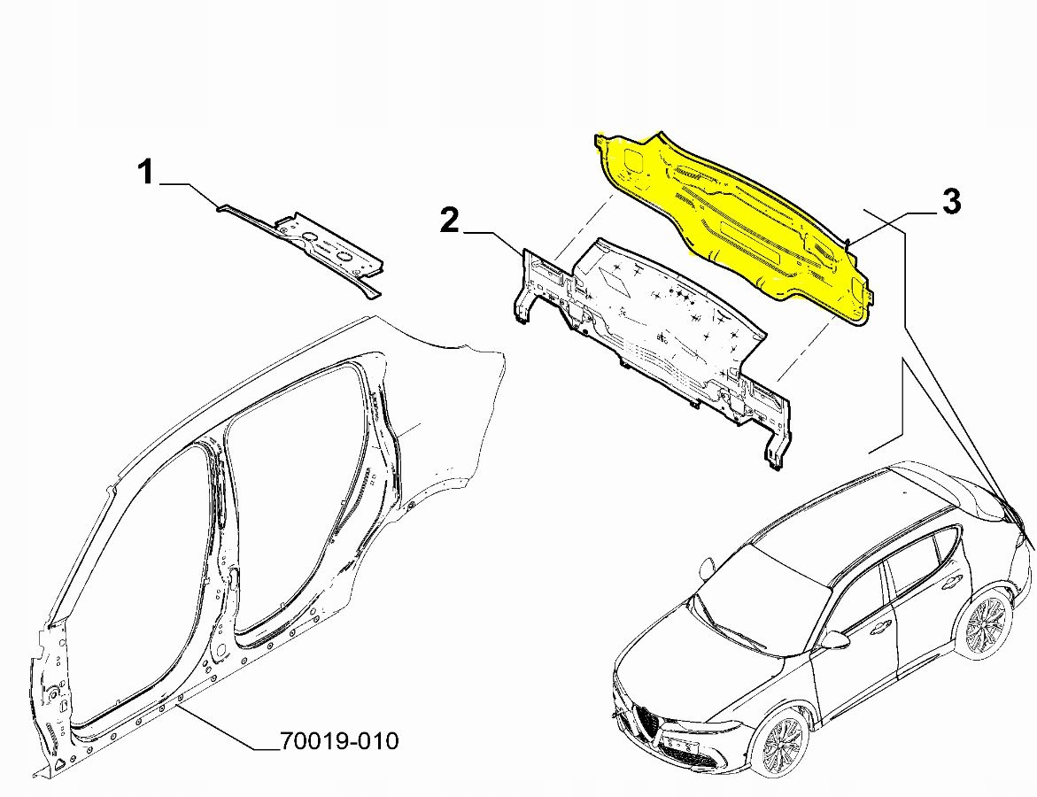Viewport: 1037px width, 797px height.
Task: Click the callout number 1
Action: (x=145, y=172)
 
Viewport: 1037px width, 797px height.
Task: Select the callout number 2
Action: (x=450, y=220)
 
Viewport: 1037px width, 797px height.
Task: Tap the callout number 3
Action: (x=950, y=202)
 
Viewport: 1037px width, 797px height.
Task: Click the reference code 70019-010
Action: (x=339, y=740)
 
